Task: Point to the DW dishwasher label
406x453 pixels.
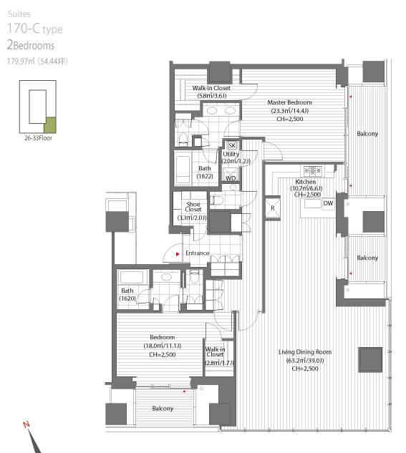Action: pyautogui.click(x=328, y=203)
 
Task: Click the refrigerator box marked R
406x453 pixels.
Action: pyautogui.click(x=273, y=208)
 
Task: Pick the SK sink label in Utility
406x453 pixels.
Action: pyautogui.click(x=232, y=145)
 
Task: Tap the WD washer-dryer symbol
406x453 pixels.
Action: pyautogui.click(x=231, y=175)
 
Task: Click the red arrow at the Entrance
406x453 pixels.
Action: pyautogui.click(x=178, y=254)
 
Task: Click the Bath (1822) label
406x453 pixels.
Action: pyautogui.click(x=205, y=172)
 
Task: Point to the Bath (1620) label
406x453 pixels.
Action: pyautogui.click(x=127, y=294)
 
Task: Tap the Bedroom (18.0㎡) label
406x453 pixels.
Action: pyautogui.click(x=162, y=346)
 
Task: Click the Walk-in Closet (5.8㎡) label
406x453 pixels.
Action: pyautogui.click(x=211, y=92)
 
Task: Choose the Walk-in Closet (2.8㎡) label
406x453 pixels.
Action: pyautogui.click(x=218, y=356)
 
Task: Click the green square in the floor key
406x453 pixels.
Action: pyautogui.click(x=49, y=125)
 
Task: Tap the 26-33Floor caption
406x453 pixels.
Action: pyautogui.click(x=38, y=138)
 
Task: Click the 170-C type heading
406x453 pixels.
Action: pyautogui.click(x=34, y=29)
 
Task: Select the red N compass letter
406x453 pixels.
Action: pyautogui.click(x=26, y=424)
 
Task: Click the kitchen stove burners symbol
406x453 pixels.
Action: pyautogui.click(x=312, y=170)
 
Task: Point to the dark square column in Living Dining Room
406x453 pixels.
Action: pyautogui.click(x=370, y=360)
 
